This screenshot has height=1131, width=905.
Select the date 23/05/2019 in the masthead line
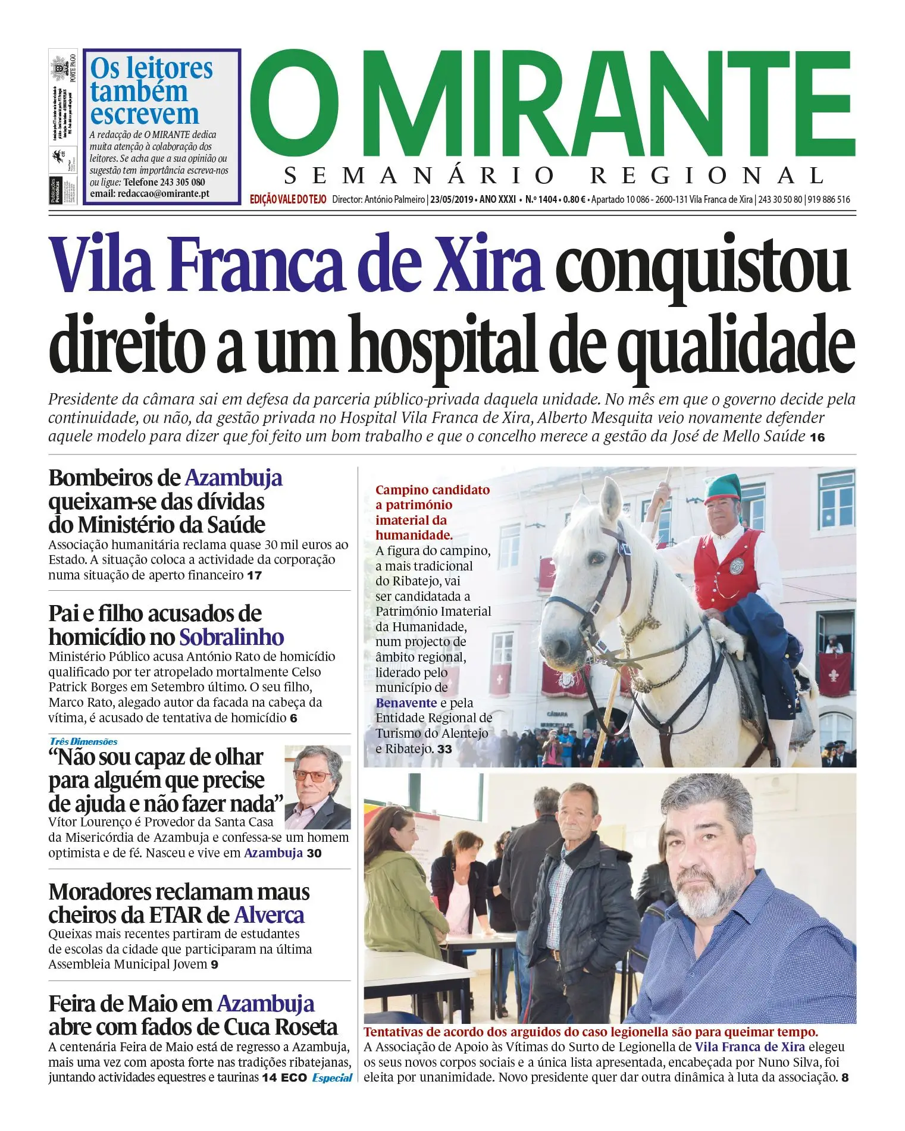pyautogui.click(x=452, y=199)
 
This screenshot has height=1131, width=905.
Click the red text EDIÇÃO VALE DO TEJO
pyautogui.click(x=288, y=199)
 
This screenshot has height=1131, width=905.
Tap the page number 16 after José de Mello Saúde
pyautogui.click(x=818, y=438)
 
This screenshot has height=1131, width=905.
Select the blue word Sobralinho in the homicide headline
pyautogui.click(x=231, y=637)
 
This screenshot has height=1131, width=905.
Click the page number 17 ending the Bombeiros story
pyautogui.click(x=255, y=576)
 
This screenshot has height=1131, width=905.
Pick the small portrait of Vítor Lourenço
pyautogui.click(x=317, y=787)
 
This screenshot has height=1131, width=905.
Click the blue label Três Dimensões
pyautogui.click(x=84, y=741)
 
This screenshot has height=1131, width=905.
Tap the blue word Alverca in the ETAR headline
pyautogui.click(x=269, y=914)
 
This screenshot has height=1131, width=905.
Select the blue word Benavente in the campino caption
pyautogui.click(x=406, y=703)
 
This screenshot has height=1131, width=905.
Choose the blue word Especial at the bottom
pyautogui.click(x=332, y=1077)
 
